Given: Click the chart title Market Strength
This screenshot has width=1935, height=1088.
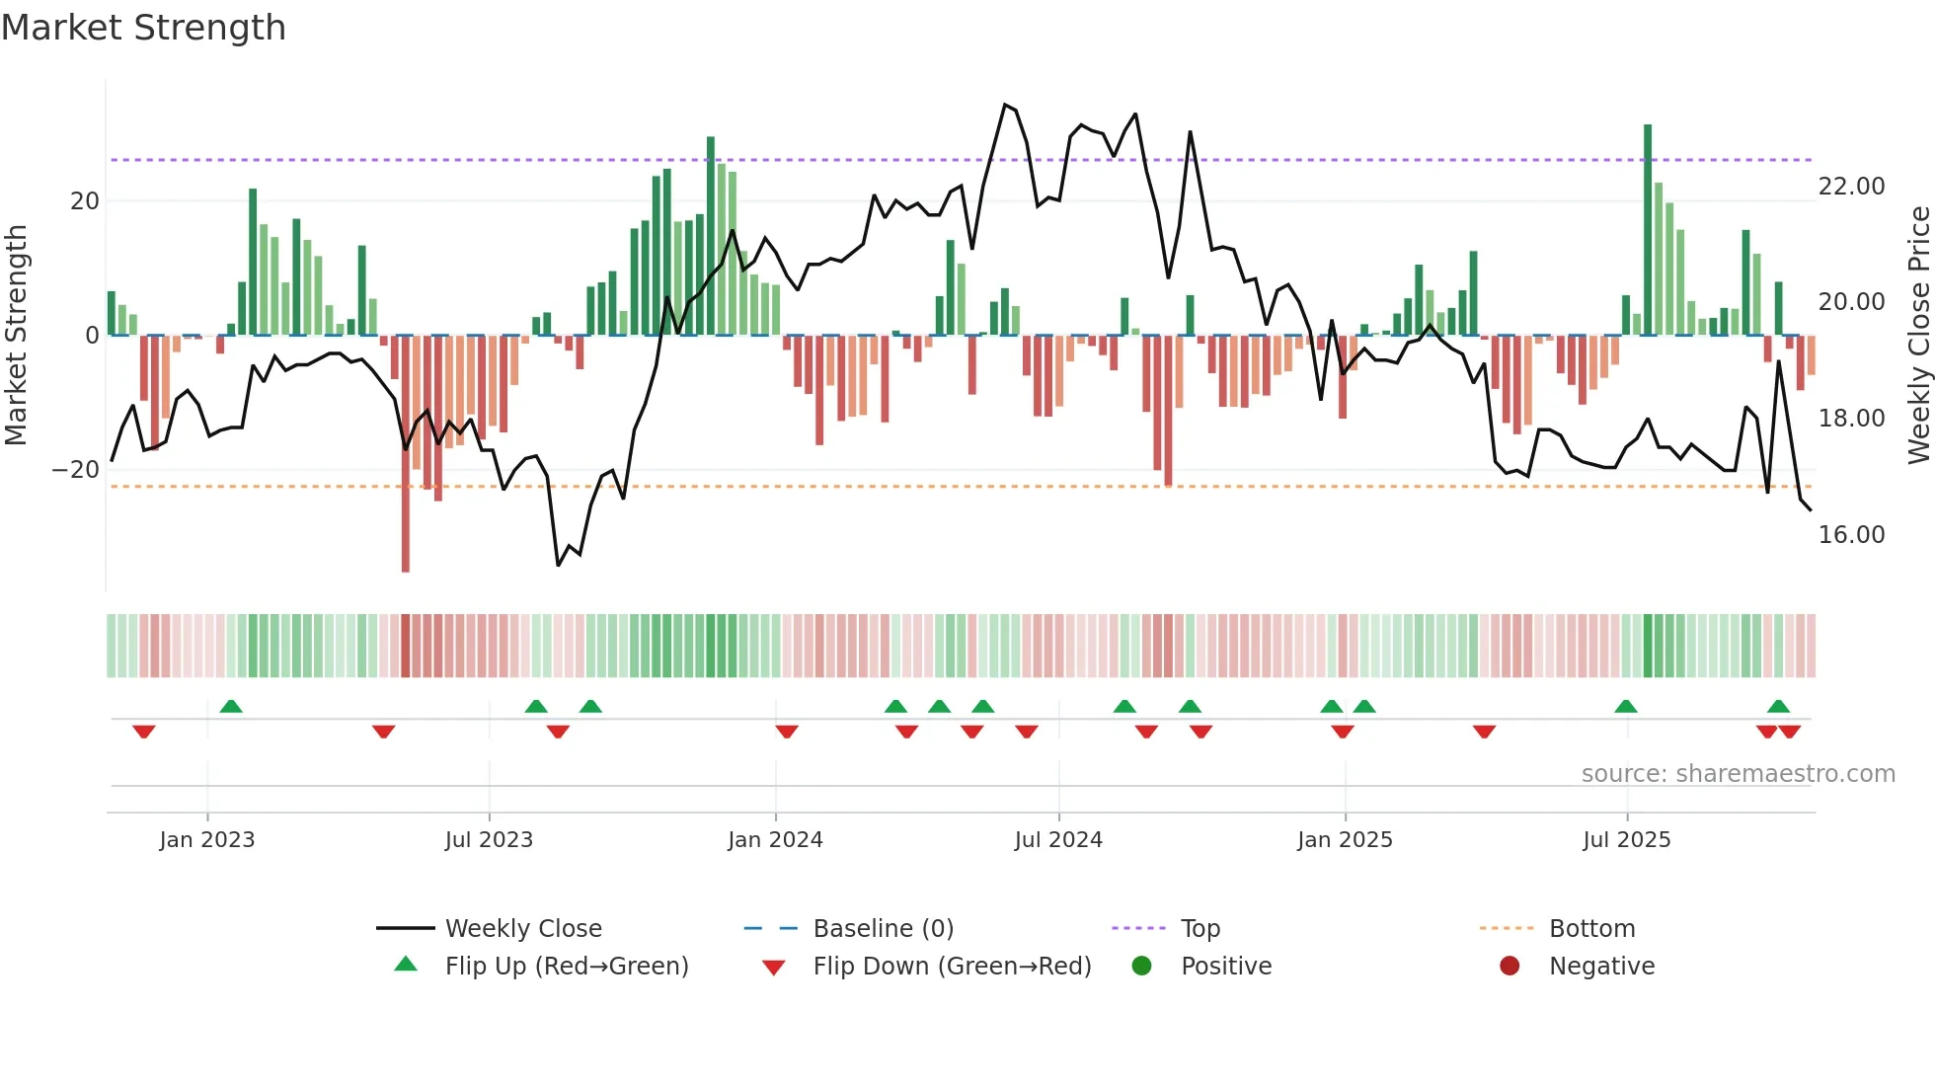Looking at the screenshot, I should [x=144, y=28].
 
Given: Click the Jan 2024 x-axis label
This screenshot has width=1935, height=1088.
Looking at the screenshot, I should [x=775, y=840].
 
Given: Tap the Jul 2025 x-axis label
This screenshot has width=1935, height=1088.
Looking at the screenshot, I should [x=1626, y=840].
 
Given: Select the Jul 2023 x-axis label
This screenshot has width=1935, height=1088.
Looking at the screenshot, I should [x=489, y=840].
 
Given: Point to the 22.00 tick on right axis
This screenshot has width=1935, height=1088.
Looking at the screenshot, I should [x=1851, y=187].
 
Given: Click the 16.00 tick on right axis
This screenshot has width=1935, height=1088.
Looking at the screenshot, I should [x=1851, y=535].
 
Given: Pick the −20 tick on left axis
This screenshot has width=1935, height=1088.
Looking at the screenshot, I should [x=76, y=470].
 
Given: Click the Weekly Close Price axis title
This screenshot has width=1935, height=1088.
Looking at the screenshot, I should [x=1918, y=336].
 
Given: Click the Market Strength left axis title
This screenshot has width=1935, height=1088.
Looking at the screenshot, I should [x=17, y=336].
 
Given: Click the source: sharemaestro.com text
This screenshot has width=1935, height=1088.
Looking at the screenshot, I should [x=1738, y=774].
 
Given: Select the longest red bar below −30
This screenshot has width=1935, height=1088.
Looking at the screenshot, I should [x=406, y=454].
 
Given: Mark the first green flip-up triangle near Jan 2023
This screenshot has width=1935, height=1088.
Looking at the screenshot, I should [x=231, y=706].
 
